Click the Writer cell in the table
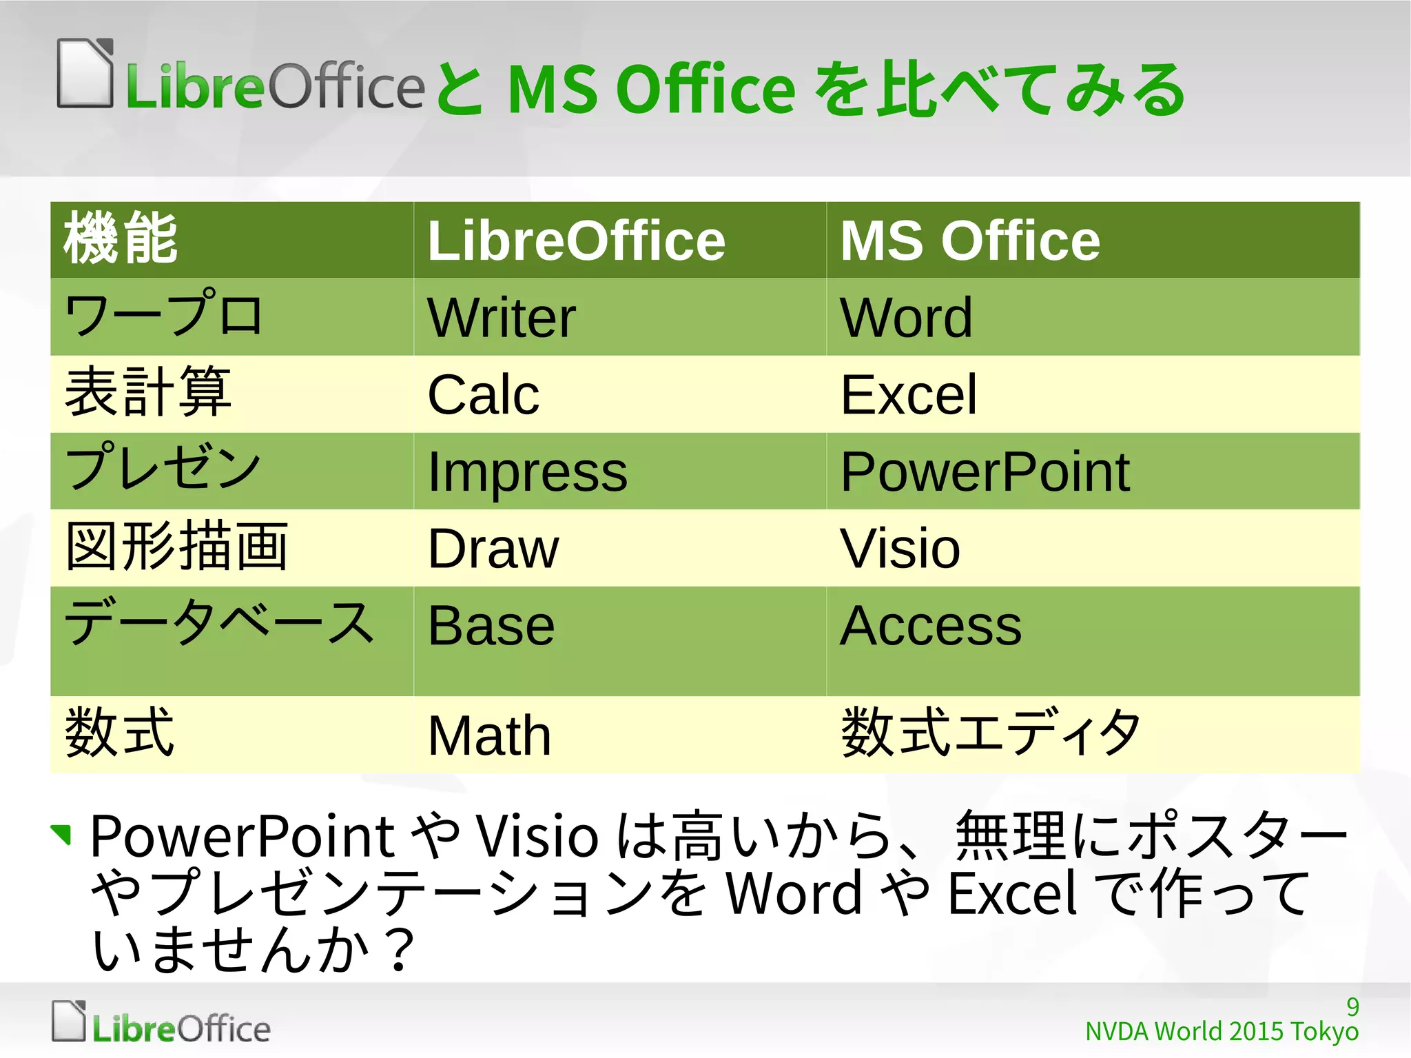[x=502, y=318]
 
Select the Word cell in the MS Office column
[x=906, y=318]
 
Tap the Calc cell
[x=483, y=395]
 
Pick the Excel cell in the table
[x=909, y=395]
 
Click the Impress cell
[x=527, y=472]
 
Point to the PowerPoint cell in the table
[x=985, y=472]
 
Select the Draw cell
[x=493, y=549]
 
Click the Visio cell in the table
[x=900, y=549]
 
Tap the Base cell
[x=491, y=627]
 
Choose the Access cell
[x=931, y=627]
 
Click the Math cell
[x=489, y=735]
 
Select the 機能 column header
[x=121, y=240]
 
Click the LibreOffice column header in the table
[x=576, y=241]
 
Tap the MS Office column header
[x=970, y=241]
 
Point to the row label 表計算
[x=147, y=393]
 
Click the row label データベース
[x=219, y=622]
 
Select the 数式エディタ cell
[x=991, y=733]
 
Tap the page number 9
[x=1352, y=1007]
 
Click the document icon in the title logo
[x=85, y=74]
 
